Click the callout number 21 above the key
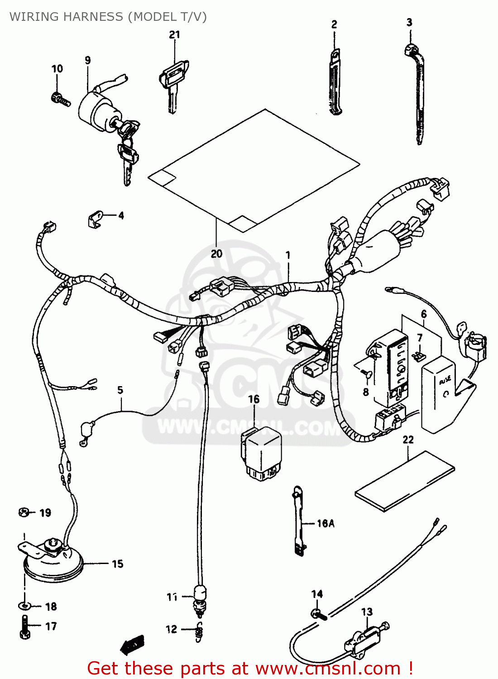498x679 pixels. coord(175,35)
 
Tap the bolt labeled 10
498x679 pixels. coord(60,99)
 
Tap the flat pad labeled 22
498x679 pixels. coord(405,481)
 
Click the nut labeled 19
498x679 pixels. coord(24,512)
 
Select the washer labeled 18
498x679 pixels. coord(24,606)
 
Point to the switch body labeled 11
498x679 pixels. coord(200,593)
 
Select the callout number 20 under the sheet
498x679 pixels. coord(216,254)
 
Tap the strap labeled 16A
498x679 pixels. coord(298,521)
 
